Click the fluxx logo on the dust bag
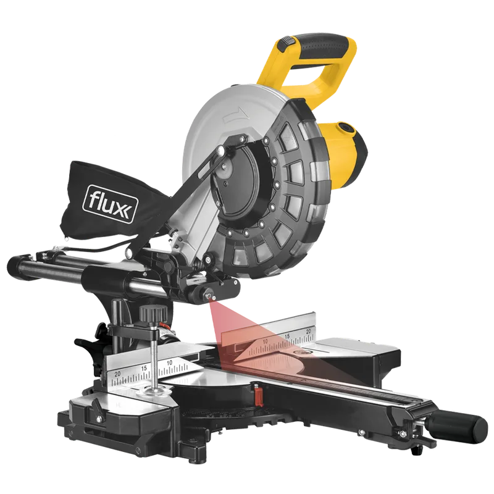point(109,204)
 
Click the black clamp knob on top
point(153,313)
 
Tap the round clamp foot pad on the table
point(156,391)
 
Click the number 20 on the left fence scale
point(117,374)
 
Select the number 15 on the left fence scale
point(144,368)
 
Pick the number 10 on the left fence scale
point(169,363)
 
